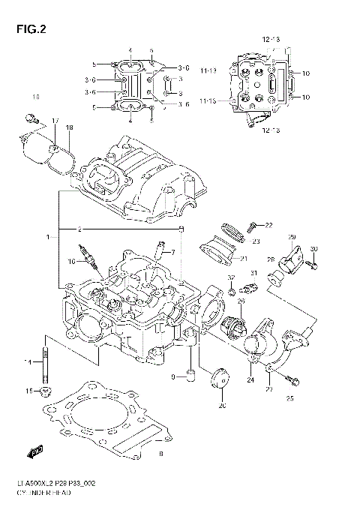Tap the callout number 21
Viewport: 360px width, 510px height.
pyautogui.click(x=243, y=259)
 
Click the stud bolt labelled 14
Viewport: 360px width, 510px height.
pyautogui.click(x=46, y=361)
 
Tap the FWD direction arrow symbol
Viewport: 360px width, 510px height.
pyautogui.click(x=34, y=452)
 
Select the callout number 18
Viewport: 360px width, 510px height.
pyautogui.click(x=69, y=128)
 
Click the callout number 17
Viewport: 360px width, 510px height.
pyautogui.click(x=54, y=120)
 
